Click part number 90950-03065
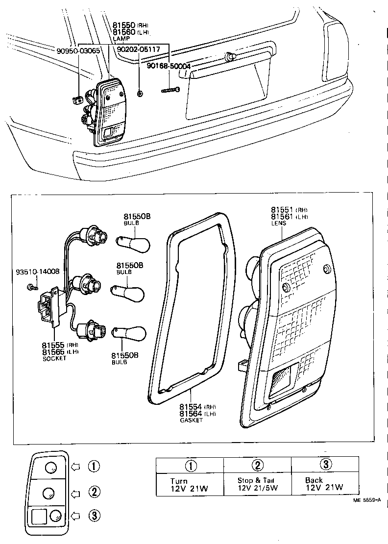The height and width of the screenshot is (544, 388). coord(78,50)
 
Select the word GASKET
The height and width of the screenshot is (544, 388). coord(191,420)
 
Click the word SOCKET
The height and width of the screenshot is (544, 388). coord(54,358)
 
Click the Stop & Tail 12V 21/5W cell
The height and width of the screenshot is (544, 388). coord(258,484)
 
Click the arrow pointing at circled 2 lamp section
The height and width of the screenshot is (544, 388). coord(75,492)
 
